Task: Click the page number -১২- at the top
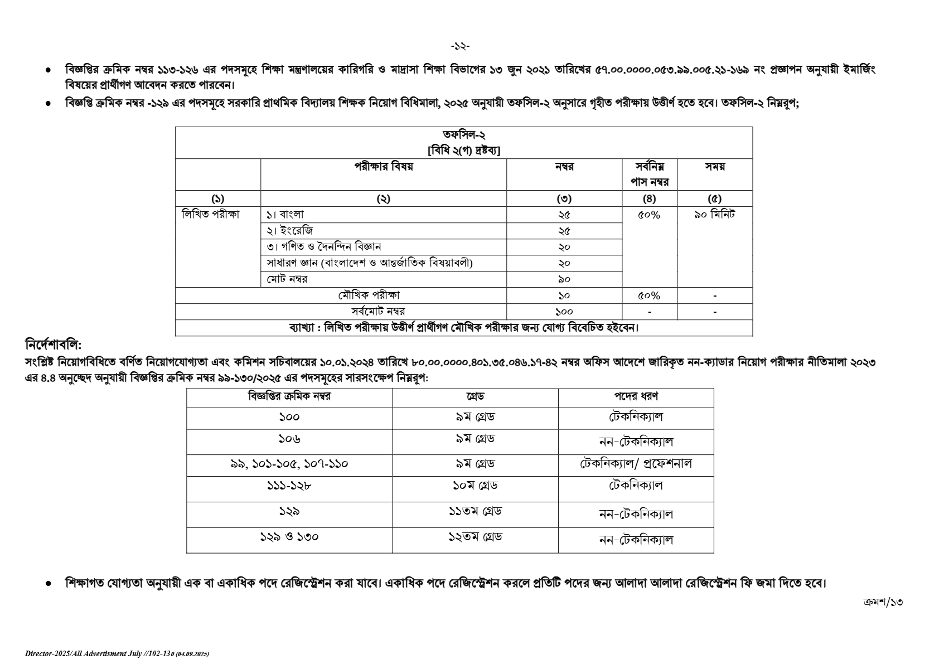460,46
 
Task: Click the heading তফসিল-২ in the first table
464,135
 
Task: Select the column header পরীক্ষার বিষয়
383,167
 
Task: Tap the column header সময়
714,167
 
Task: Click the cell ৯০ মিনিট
714,215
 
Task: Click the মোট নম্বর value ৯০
564,279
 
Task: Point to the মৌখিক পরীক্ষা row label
369,295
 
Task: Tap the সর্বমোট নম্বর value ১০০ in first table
564,312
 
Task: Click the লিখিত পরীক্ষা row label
211,215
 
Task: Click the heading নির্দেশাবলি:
54,345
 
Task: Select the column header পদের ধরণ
636,396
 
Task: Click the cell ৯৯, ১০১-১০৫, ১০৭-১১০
289,464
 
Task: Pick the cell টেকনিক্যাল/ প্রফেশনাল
636,464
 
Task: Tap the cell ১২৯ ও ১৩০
289,537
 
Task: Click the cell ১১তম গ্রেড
475,511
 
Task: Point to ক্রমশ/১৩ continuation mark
882,602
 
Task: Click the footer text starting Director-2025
117,653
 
